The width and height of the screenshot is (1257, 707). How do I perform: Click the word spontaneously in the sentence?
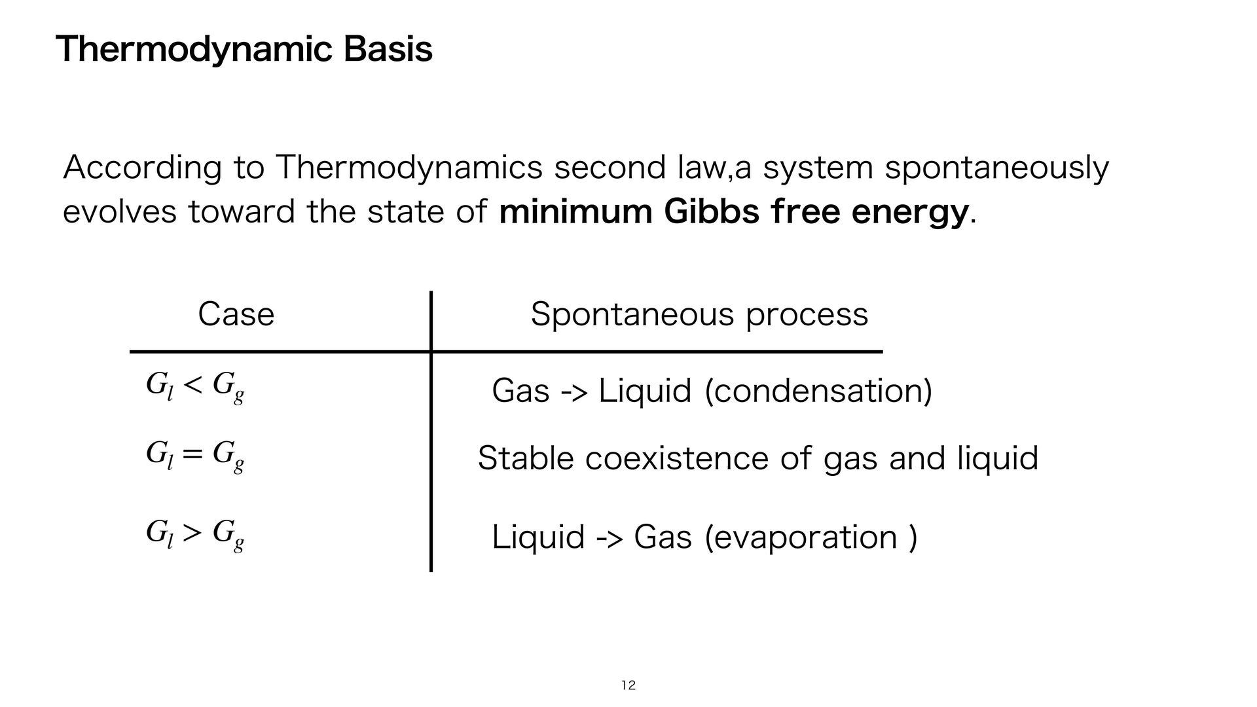tap(996, 168)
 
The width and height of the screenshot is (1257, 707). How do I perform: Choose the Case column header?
tap(236, 315)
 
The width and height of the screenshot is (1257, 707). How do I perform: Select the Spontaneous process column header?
tap(699, 315)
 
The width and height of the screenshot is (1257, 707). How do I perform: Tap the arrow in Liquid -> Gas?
tap(610, 539)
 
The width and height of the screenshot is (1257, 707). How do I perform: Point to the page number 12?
tap(628, 685)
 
